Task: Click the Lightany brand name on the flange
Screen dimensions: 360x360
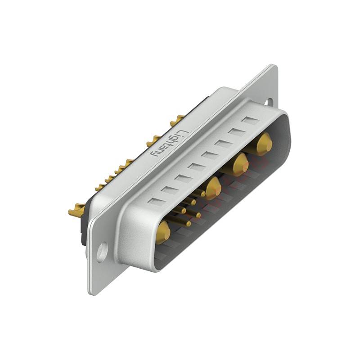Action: click(169, 144)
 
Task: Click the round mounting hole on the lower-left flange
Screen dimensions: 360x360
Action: click(102, 252)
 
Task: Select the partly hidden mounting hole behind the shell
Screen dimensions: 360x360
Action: click(270, 102)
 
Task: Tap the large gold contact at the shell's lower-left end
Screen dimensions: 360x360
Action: click(163, 232)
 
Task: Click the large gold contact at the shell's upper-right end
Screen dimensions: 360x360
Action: click(264, 144)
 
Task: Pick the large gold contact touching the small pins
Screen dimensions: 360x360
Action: click(213, 188)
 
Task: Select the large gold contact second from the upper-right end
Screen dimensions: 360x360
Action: click(241, 165)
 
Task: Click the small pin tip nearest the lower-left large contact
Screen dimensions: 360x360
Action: click(188, 224)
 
